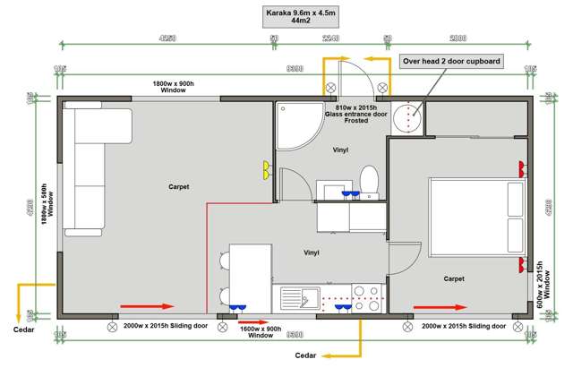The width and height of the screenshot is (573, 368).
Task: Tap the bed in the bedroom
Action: click(476, 215)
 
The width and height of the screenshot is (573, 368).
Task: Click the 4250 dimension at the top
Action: click(167, 39)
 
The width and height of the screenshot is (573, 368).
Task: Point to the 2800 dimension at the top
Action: click(458, 39)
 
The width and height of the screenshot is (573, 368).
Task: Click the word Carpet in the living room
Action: click(178, 186)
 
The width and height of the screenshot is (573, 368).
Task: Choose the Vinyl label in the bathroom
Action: click(340, 150)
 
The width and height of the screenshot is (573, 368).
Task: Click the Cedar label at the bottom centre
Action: click(309, 355)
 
